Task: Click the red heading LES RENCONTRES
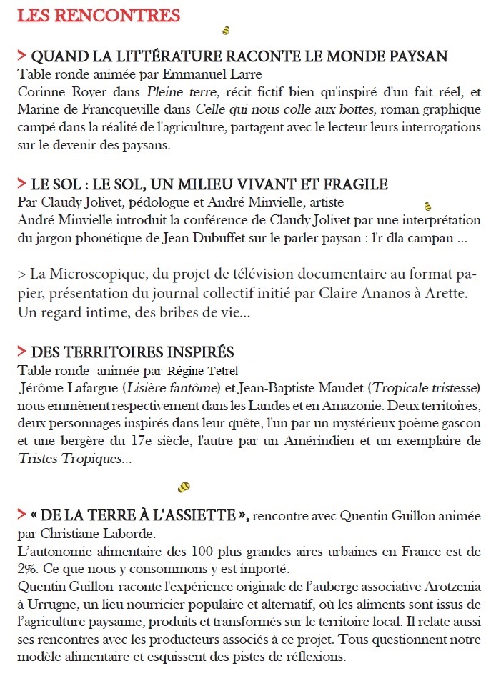point(99,15)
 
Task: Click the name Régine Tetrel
point(202,371)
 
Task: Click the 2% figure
point(27,569)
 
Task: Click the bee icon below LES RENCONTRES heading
point(225,31)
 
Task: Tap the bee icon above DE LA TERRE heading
point(184,487)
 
